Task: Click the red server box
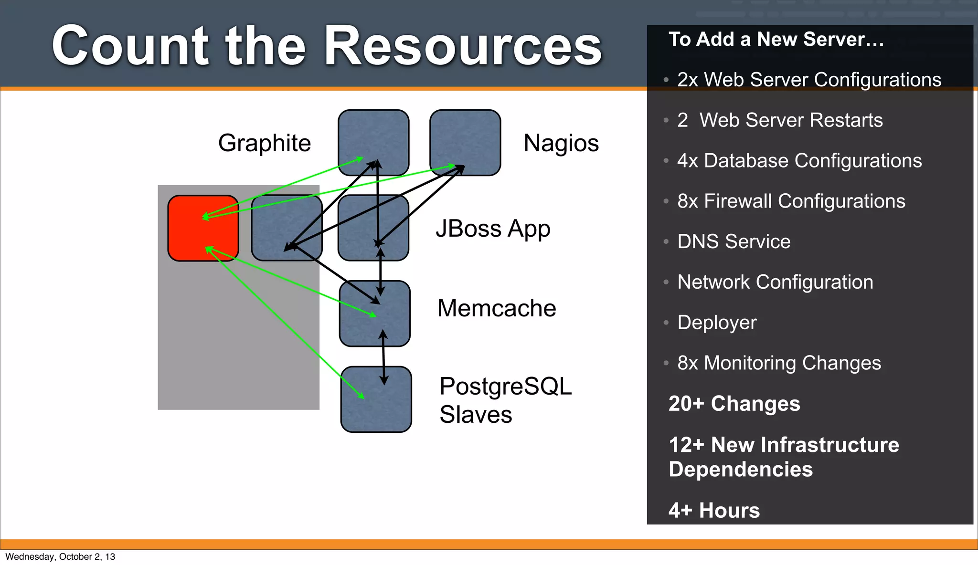[203, 228]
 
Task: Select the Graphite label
[264, 143]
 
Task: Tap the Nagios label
[561, 143]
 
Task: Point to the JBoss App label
[493, 229]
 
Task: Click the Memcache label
[497, 308]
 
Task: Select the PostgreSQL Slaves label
[505, 400]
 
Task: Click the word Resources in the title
[463, 46]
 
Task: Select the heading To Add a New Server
[776, 39]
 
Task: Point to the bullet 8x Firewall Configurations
[791, 201]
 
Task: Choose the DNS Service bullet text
[733, 241]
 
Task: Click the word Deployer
[717, 323]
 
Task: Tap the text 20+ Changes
[734, 404]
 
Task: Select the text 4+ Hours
[714, 510]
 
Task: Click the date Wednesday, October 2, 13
[60, 556]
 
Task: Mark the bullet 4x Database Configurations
[799, 161]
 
